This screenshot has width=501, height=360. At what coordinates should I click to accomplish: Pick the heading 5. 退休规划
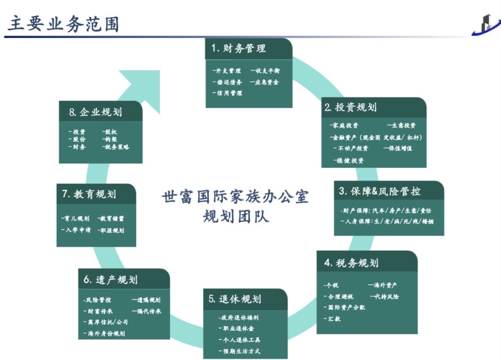[x=235, y=299]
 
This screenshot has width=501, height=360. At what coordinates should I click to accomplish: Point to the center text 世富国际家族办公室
[x=235, y=196]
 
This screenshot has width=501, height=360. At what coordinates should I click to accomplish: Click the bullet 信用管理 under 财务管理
[x=227, y=93]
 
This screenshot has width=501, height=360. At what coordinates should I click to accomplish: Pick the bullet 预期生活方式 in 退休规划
[x=240, y=351]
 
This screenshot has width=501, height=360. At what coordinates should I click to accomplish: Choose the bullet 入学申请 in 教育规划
[x=77, y=230]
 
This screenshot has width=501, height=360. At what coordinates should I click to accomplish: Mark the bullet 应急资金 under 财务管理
[x=265, y=82]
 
